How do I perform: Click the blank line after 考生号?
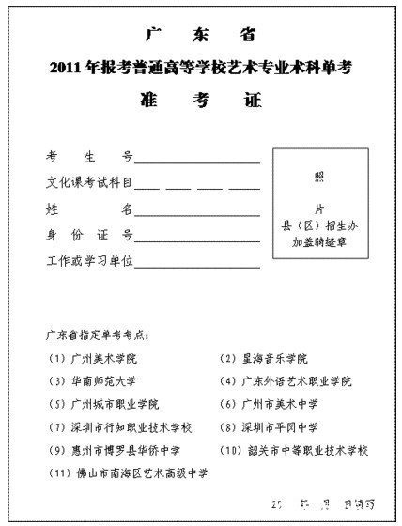coord(197,162)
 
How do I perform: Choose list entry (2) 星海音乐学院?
coord(263,359)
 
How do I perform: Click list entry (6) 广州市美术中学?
coord(268,404)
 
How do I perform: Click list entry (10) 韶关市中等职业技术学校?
coord(295,449)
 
